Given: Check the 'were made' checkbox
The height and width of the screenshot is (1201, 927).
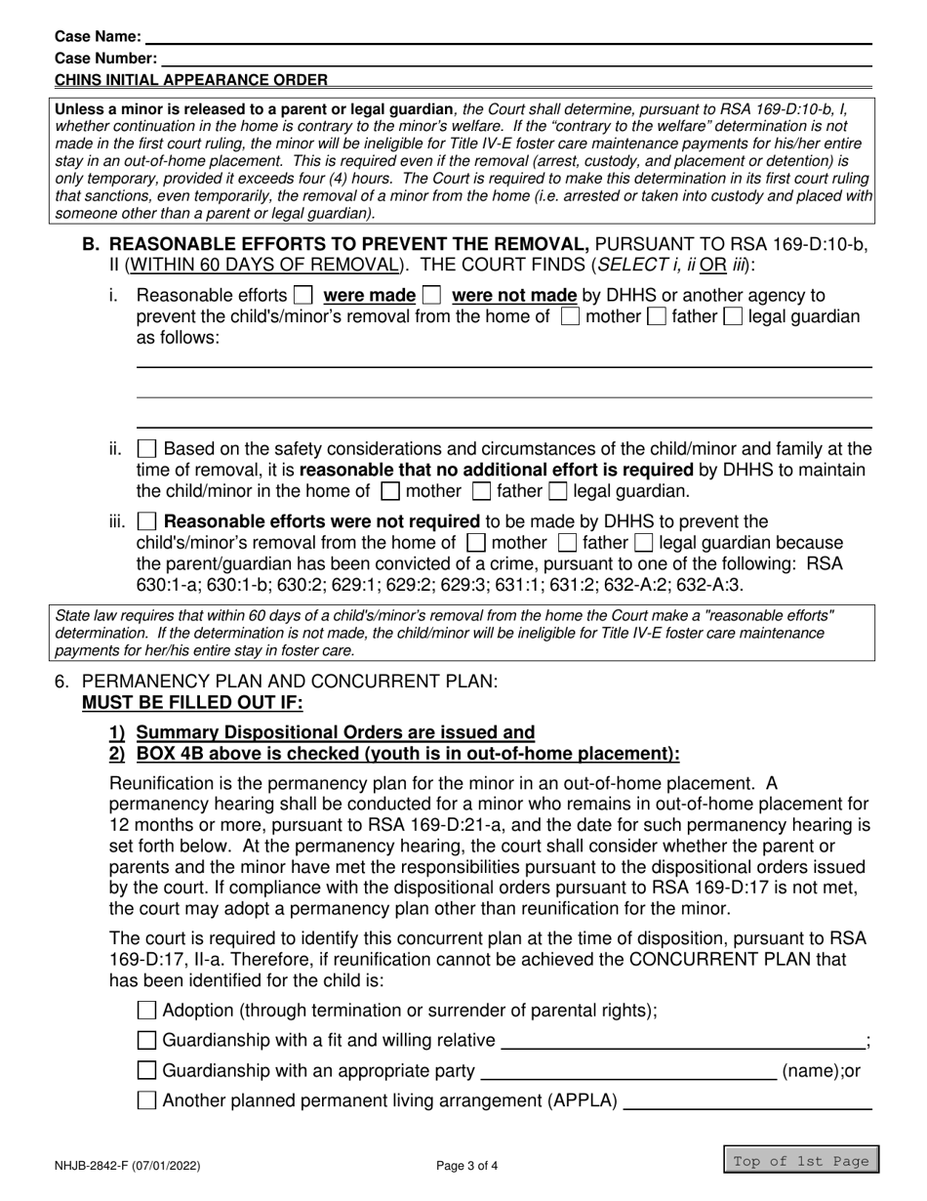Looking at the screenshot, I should coord(303,295).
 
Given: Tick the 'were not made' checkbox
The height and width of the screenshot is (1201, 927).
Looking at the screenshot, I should coord(431,295).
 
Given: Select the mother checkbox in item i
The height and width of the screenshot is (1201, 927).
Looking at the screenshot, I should coord(569,316).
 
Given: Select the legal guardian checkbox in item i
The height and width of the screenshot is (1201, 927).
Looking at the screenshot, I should coord(732,316).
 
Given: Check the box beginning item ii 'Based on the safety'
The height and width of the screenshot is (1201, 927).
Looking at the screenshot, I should coord(146,449).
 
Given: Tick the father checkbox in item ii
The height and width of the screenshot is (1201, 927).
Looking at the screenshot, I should coord(481,492).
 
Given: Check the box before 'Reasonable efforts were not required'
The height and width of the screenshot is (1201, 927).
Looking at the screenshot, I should coord(146,521).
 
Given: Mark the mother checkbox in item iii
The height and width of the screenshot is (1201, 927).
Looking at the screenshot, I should coord(476,543).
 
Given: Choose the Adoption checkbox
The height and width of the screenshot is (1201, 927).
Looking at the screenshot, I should coord(147,1011).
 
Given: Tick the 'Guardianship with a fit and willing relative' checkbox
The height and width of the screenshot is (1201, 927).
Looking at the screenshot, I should coord(147,1041).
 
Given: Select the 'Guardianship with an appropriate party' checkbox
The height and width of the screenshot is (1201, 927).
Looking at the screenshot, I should coord(147,1071).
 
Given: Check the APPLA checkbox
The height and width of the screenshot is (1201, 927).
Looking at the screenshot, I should coord(147,1101).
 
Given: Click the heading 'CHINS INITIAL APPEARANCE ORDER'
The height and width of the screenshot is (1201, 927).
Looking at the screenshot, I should coord(191,80).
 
